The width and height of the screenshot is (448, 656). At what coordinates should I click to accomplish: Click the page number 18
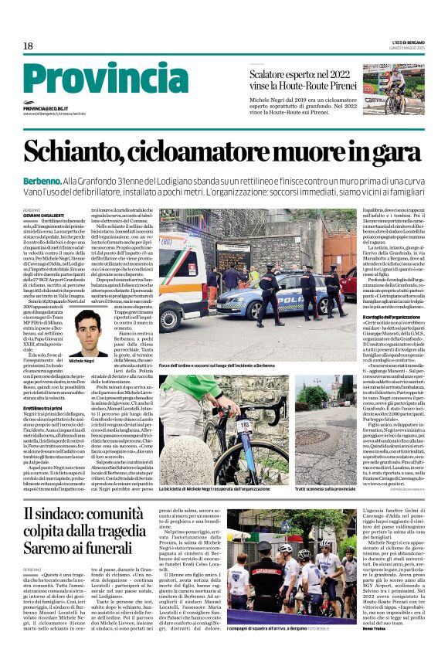pyautogui.click(x=28, y=46)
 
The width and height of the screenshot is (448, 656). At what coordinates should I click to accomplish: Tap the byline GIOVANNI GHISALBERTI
pyautogui.click(x=43, y=216)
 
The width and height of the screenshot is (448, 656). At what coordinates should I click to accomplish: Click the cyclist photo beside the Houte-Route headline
pyautogui.click(x=393, y=89)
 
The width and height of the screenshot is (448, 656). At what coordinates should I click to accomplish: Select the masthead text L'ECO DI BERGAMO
pyautogui.click(x=407, y=40)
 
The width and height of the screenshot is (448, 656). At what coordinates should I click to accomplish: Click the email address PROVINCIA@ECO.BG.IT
pyautogui.click(x=46, y=109)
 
